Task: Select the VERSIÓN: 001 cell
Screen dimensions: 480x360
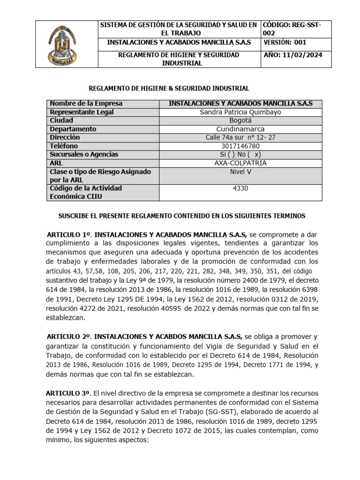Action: click(291, 42)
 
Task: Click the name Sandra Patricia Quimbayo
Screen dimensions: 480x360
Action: click(240, 112)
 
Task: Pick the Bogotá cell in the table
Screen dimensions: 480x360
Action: click(240, 120)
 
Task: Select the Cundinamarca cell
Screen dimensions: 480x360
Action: click(240, 129)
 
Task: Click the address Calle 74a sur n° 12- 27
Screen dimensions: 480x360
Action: click(240, 137)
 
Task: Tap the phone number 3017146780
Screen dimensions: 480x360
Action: click(240, 146)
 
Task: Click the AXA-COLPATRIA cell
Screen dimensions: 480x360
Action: click(240, 163)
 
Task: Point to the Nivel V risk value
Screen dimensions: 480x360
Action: click(240, 172)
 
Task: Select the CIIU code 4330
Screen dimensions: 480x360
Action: click(240, 188)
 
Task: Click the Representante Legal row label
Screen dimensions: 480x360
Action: click(82, 112)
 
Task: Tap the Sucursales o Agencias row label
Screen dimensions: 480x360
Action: click(84, 154)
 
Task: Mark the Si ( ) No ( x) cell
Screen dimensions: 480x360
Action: click(240, 154)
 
